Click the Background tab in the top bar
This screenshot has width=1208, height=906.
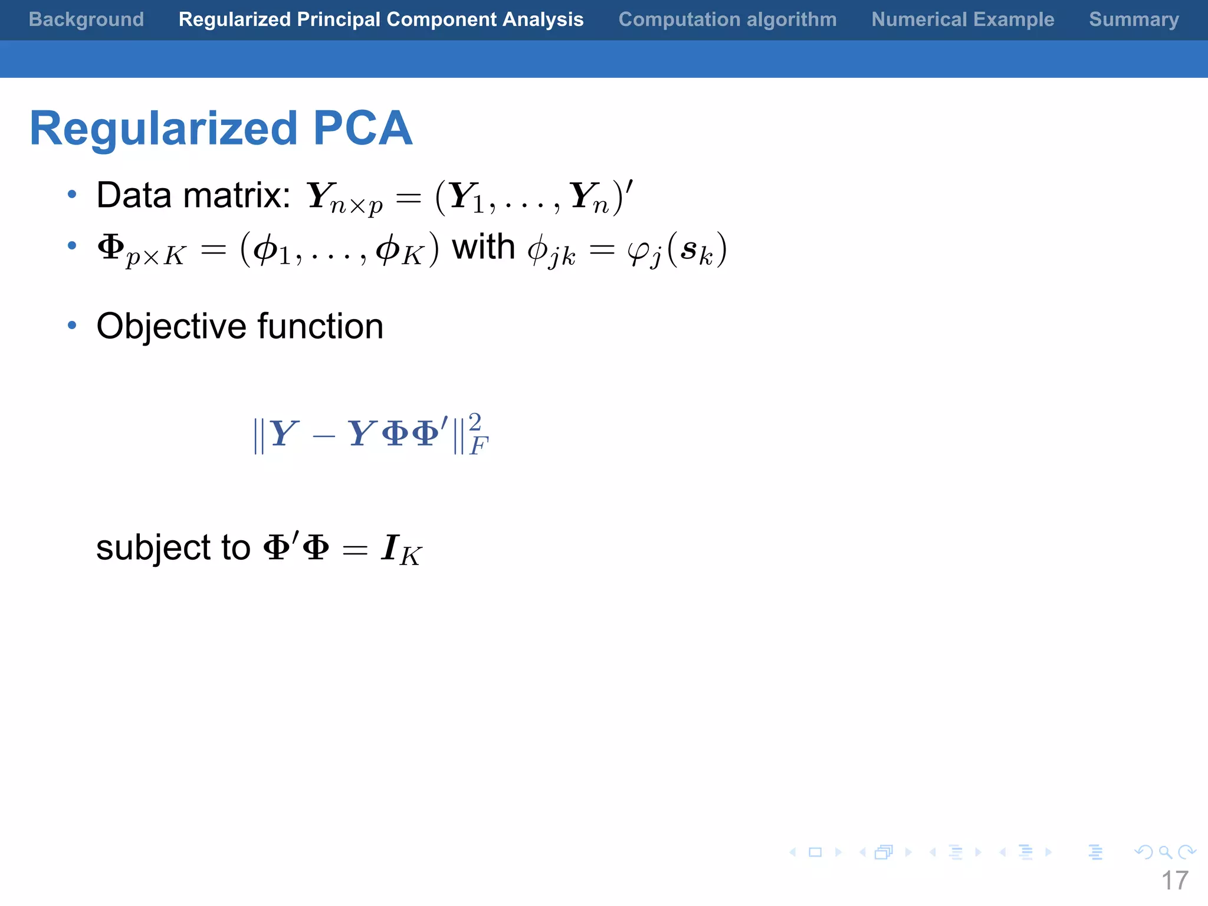click(86, 19)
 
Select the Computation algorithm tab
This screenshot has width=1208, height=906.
click(727, 19)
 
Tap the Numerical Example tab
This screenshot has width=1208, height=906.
click(963, 19)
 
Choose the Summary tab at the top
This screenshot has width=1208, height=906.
click(1134, 19)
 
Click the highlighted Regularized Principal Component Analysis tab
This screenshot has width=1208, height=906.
click(381, 19)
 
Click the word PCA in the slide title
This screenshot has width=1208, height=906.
click(362, 128)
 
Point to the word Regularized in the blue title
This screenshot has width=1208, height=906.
click(163, 129)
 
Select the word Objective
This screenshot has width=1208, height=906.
click(171, 326)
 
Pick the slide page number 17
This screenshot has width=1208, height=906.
click(1174, 881)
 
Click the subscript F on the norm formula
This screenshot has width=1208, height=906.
click(478, 446)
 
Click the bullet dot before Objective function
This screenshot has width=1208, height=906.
click(72, 325)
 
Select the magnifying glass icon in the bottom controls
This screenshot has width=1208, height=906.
click(1165, 852)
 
